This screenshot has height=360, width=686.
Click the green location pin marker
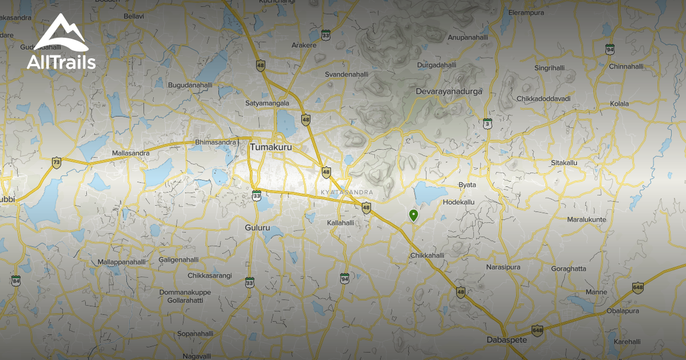413,215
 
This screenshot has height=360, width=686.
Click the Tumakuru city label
271,147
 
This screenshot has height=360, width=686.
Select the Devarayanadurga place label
449,91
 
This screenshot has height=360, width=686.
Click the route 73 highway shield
56,162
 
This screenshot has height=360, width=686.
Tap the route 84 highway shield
15,281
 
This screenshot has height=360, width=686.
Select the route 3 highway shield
487,123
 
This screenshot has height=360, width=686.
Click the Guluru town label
257,227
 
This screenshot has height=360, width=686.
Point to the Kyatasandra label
347,192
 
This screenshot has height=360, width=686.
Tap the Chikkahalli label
427,256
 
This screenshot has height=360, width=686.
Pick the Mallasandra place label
131,153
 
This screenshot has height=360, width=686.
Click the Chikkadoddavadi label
544,99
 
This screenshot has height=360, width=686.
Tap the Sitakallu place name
565,163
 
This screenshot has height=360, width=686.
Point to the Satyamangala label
267,103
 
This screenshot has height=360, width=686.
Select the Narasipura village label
503,267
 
